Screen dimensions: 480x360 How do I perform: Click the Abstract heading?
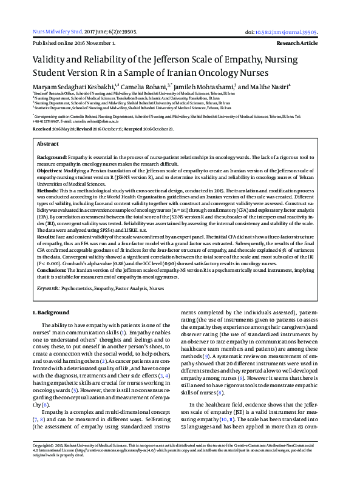48,144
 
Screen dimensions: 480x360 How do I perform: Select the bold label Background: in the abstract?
52,157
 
